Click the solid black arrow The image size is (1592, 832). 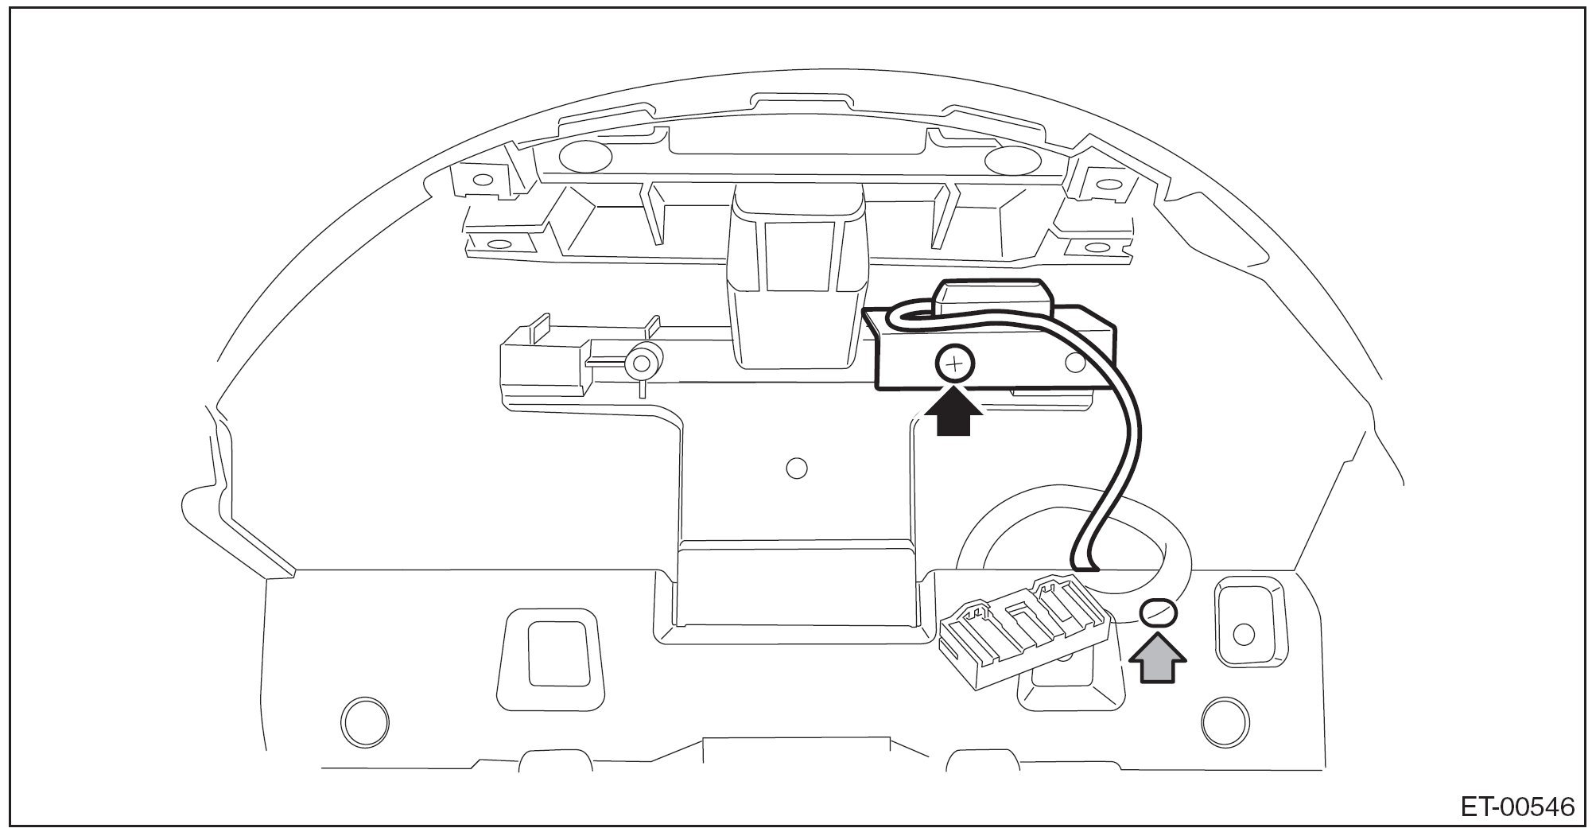pos(954,416)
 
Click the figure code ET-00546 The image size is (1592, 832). pos(1516,807)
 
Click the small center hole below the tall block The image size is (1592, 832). pos(796,468)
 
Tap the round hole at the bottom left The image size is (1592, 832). pos(366,721)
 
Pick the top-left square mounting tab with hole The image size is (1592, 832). pos(480,180)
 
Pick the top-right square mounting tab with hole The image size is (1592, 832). pos(1105,184)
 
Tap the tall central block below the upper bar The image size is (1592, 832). pos(797,278)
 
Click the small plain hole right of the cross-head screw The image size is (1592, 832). pos(1075,363)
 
